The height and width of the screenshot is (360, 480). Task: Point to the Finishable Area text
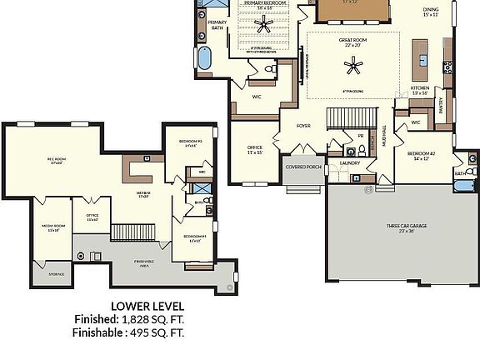[x=144, y=262]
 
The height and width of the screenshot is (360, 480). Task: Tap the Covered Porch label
[x=304, y=167]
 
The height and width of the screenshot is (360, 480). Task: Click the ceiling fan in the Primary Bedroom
[x=264, y=27]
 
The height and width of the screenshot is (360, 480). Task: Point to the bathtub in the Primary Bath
[x=205, y=59]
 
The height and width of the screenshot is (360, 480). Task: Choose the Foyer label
[x=303, y=127]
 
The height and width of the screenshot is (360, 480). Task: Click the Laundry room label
[x=349, y=163]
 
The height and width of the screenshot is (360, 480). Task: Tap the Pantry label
[x=441, y=105]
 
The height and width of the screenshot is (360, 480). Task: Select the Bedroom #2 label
[x=422, y=155]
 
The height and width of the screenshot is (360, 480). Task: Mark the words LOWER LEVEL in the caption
[x=147, y=307]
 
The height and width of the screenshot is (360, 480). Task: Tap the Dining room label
[x=430, y=11]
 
